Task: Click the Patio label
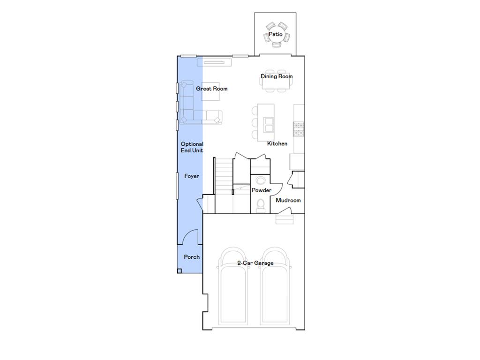(x=276, y=34)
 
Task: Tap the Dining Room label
(x=277, y=76)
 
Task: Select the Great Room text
(x=212, y=89)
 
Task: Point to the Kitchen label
(x=277, y=143)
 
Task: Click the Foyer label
(x=191, y=176)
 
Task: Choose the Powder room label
(x=262, y=190)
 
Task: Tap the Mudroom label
(x=288, y=200)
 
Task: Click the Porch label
(x=191, y=257)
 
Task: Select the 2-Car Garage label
(x=255, y=263)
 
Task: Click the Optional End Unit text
(x=192, y=147)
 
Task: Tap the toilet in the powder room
(x=261, y=205)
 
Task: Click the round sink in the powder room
(x=261, y=181)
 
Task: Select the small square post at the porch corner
(x=179, y=270)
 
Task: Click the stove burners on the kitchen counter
(x=299, y=129)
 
